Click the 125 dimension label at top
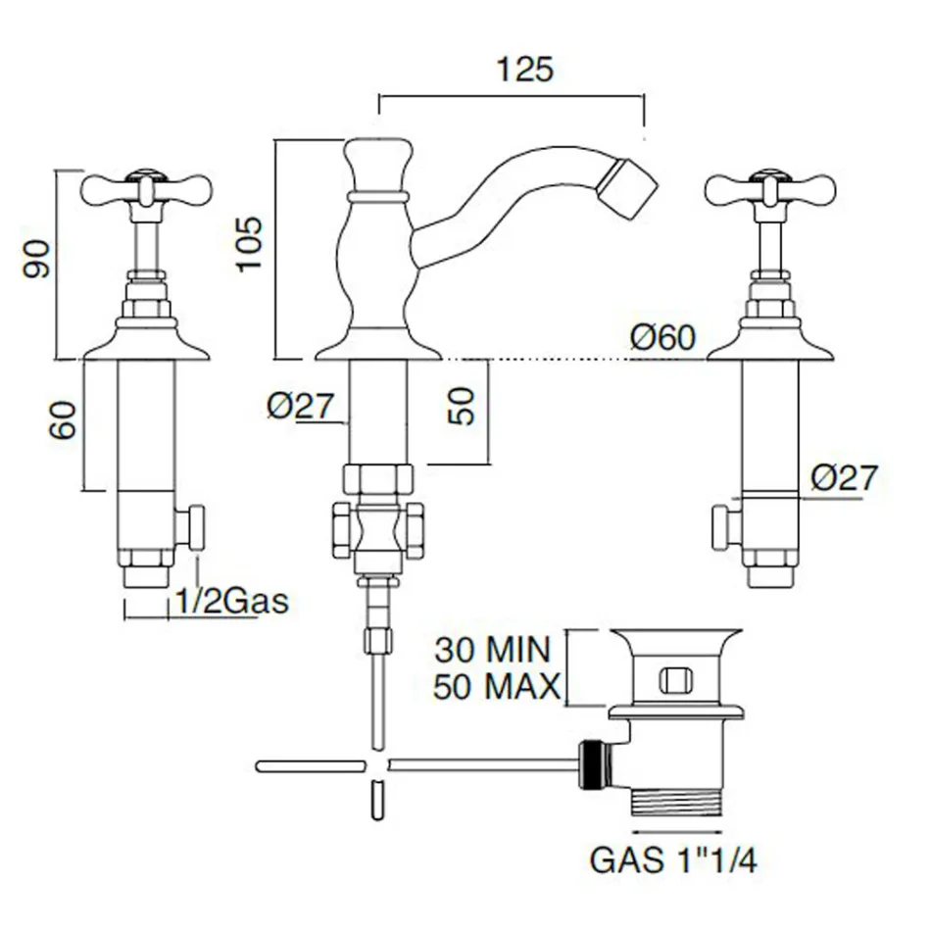[x=525, y=69]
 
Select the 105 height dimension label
[x=249, y=244]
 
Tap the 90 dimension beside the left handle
[x=37, y=259]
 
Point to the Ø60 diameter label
[x=662, y=338]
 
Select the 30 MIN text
[x=493, y=650]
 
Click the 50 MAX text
[x=497, y=687]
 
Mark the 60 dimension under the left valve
[x=63, y=419]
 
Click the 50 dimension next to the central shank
[x=462, y=406]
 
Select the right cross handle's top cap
[x=769, y=175]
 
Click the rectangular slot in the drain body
[x=677, y=679]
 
